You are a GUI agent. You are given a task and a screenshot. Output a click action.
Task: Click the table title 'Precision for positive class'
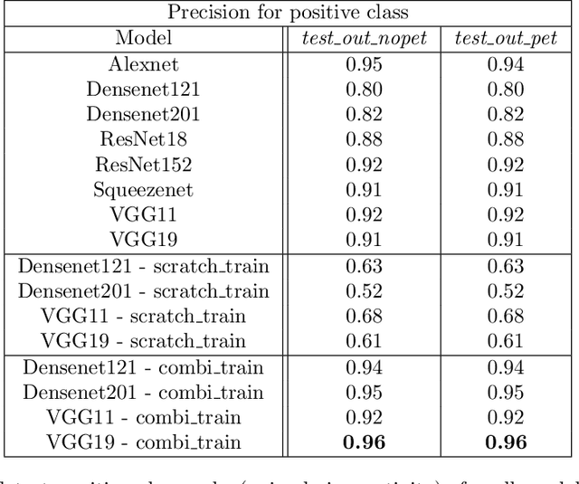(289, 14)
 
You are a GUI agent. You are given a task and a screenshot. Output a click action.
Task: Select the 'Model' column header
(143, 39)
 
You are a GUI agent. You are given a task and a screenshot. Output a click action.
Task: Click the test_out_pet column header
(505, 39)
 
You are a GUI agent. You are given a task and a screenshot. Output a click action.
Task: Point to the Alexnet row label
(143, 64)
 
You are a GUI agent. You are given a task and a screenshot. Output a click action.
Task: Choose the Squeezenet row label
(143, 190)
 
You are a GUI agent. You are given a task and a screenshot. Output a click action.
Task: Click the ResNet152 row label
(143, 165)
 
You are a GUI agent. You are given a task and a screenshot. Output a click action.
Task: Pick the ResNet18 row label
(143, 139)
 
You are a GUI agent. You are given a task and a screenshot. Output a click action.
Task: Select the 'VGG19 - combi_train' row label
(143, 442)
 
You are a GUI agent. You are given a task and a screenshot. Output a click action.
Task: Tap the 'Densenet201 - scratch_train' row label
(143, 291)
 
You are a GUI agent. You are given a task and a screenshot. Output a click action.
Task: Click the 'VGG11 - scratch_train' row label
(143, 317)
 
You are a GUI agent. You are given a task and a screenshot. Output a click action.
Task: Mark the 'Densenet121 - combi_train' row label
(143, 367)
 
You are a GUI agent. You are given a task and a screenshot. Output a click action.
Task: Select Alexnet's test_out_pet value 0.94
(505, 64)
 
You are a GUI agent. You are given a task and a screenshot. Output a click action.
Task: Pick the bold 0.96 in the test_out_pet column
(505, 443)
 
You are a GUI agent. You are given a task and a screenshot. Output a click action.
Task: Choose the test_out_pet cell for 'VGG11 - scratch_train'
(505, 317)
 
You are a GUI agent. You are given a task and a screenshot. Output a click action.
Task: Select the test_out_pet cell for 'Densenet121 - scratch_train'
(505, 266)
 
